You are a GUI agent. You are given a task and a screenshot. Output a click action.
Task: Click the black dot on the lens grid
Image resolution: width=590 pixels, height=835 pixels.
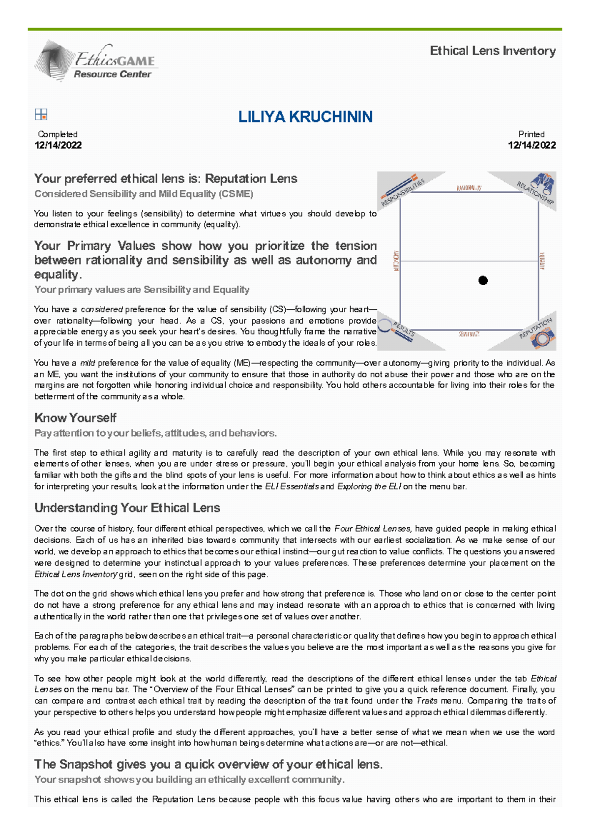tap(483, 280)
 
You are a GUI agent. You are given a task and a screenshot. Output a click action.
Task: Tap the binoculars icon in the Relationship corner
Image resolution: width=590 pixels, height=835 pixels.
tap(543, 183)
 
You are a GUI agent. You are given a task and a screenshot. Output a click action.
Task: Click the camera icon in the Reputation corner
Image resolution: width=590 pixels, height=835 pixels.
tap(543, 339)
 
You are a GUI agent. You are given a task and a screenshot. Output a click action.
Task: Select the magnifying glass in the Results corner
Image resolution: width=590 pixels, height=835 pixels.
tap(385, 326)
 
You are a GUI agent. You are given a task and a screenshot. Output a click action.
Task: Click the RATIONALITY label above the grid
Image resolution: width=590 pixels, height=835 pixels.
tap(469, 188)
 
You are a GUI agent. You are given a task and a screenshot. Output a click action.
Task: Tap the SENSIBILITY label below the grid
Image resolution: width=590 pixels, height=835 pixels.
tap(469, 334)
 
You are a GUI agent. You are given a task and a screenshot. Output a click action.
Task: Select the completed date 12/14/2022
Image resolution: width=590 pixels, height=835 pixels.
tap(58, 145)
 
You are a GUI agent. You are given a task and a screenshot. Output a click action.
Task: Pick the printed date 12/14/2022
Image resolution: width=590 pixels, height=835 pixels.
tap(532, 145)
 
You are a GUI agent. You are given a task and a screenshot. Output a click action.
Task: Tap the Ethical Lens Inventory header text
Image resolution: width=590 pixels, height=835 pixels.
tap(493, 51)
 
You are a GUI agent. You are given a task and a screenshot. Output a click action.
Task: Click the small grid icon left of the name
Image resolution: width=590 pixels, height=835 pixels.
tap(41, 115)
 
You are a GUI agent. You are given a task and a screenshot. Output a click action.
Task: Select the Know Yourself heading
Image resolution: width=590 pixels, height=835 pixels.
tap(75, 418)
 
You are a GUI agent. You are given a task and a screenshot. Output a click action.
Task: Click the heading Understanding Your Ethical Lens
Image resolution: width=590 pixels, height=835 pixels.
tap(127, 508)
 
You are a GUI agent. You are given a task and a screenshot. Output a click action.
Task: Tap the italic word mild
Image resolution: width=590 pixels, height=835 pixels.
tap(88, 363)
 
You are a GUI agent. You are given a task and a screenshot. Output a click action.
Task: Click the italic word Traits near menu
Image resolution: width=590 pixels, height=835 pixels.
tap(426, 701)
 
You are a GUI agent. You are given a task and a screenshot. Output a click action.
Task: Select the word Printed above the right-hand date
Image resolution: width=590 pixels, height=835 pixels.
tap(531, 134)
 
